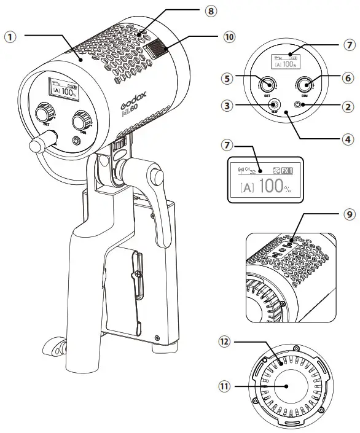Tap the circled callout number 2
(348, 106)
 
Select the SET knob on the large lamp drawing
(44, 114)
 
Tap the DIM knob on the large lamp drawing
(82, 119)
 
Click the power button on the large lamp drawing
(76, 140)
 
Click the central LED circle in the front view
(288, 389)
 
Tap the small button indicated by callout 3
(275, 106)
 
